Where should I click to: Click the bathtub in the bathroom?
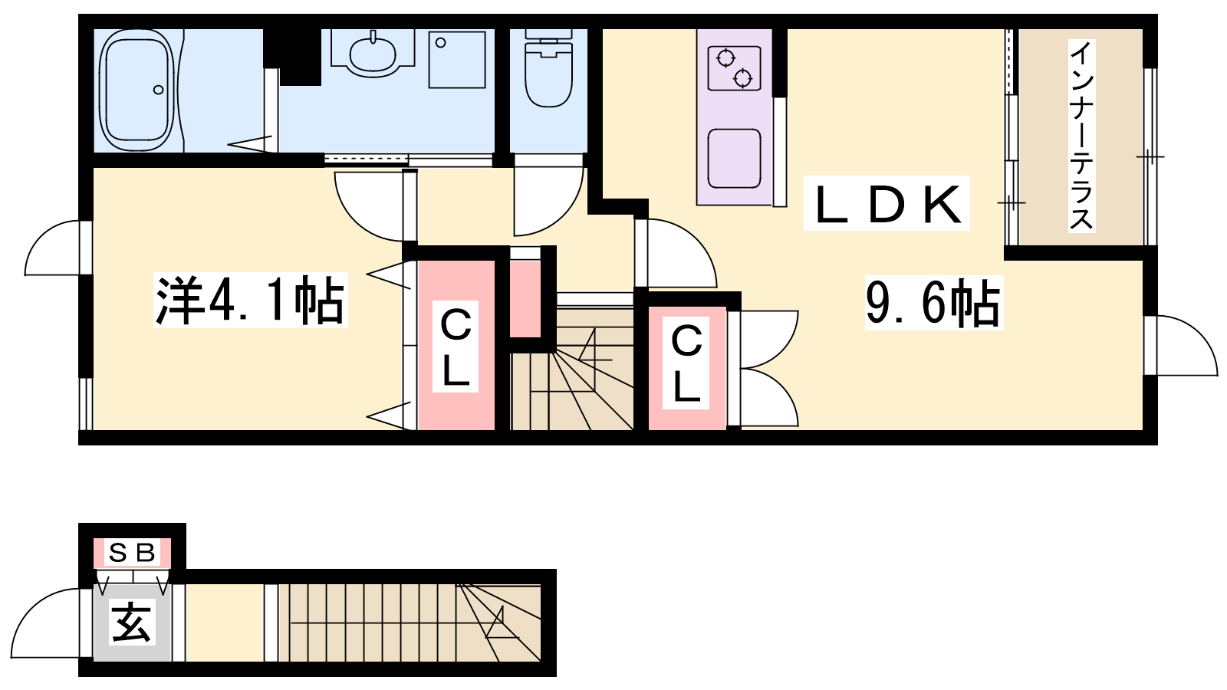(x=137, y=90)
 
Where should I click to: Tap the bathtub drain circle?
(x=158, y=90)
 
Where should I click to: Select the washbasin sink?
(x=373, y=54)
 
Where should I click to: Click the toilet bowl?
(x=548, y=77)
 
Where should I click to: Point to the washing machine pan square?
(x=457, y=60)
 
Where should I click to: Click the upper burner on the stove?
(x=725, y=58)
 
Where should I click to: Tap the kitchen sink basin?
(x=734, y=158)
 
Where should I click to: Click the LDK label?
(x=887, y=205)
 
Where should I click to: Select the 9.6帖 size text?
(x=933, y=303)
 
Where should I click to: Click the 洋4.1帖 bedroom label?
(x=251, y=301)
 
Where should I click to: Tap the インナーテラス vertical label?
(x=1081, y=136)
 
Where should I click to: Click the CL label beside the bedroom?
(x=456, y=347)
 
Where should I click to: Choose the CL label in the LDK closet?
(x=686, y=363)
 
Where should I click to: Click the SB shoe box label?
(x=132, y=553)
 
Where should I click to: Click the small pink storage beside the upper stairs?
(x=525, y=299)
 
